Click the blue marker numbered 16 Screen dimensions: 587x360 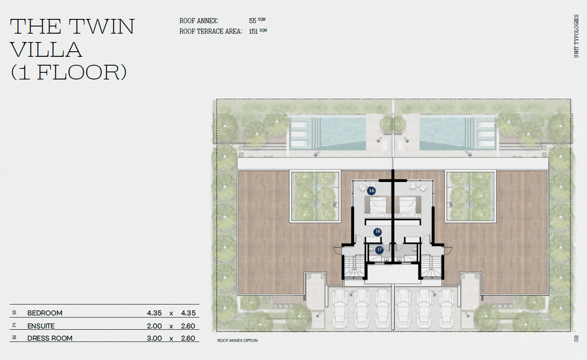click(371, 191)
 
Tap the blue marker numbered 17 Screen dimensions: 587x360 click(379, 250)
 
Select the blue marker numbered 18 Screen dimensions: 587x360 click(377, 232)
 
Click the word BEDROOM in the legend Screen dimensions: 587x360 click(45, 313)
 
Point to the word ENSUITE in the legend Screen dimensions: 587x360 click(41, 326)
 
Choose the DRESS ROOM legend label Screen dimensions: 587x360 click(50, 338)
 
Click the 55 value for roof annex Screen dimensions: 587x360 click(253, 21)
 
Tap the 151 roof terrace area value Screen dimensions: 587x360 click(253, 32)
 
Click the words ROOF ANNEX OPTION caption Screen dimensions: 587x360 click(238, 341)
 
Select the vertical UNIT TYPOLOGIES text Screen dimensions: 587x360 click(576, 36)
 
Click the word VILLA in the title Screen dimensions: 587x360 click(46, 50)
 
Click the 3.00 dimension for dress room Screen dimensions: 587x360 click(154, 338)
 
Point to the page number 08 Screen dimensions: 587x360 click(576, 338)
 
